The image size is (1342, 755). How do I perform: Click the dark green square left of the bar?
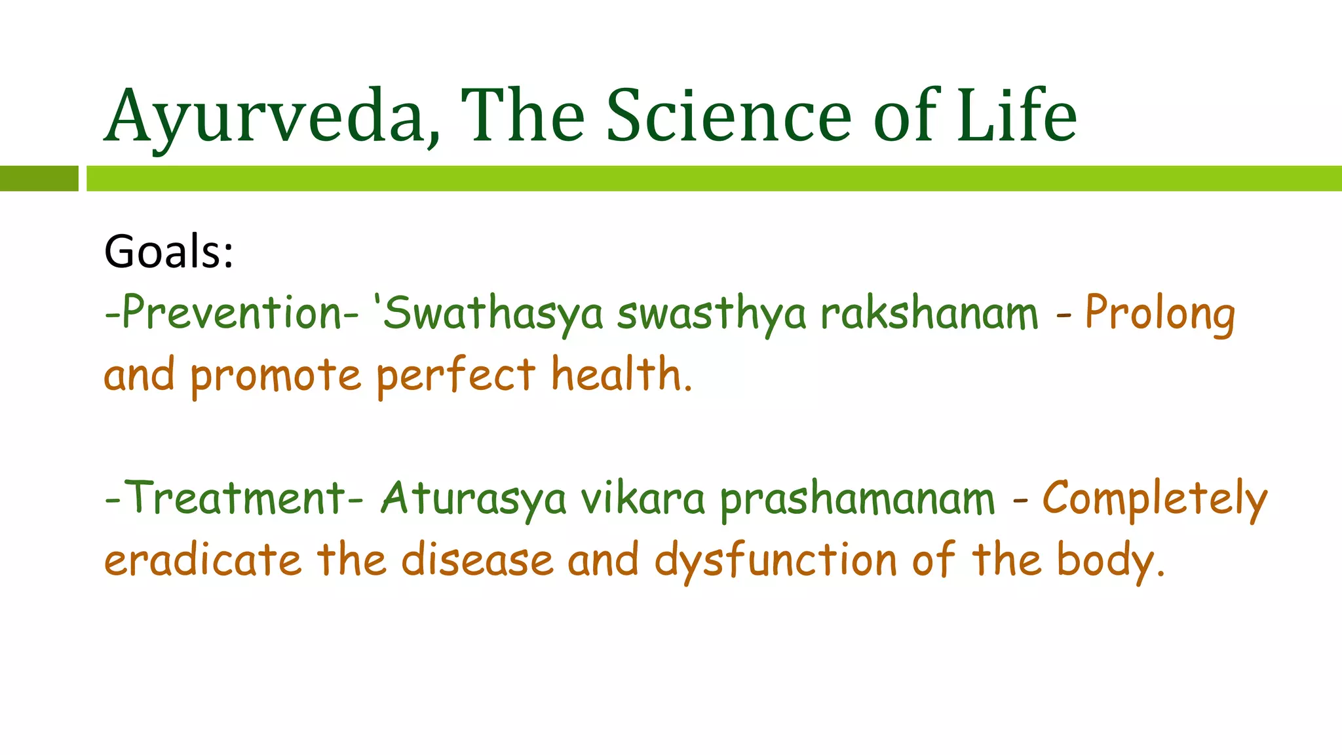[x=39, y=178]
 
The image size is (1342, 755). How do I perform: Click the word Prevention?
[x=233, y=313]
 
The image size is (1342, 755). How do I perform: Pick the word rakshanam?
[x=930, y=313]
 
